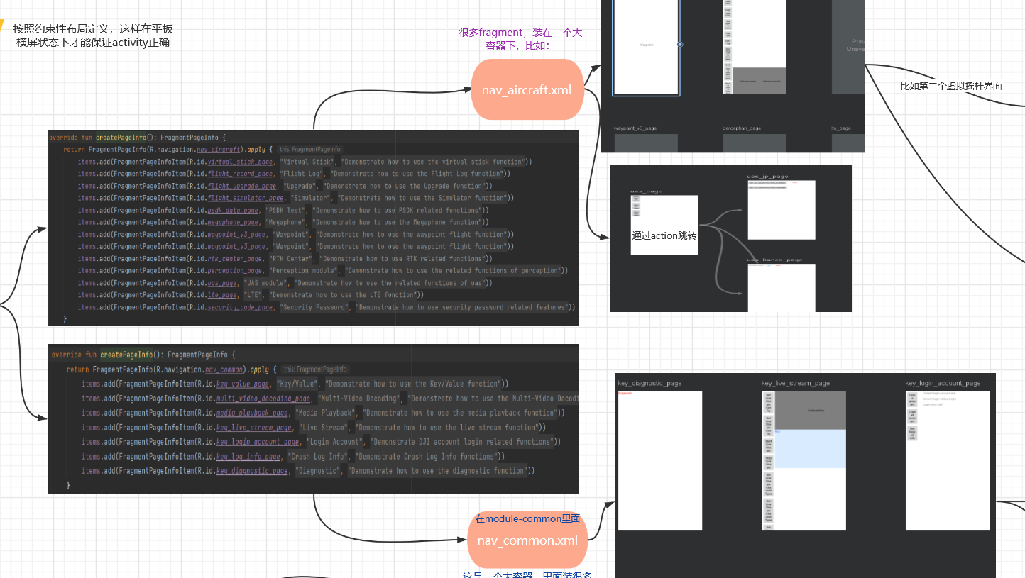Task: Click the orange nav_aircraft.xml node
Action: [x=527, y=90]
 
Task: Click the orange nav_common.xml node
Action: [x=527, y=540]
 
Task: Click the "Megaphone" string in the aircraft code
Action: [x=283, y=222]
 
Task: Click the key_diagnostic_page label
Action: [x=649, y=384]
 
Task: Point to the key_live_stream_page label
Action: [x=796, y=384]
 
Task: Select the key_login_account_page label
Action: [x=943, y=384]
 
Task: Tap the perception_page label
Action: [x=742, y=128]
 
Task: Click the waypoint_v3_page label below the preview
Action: [x=635, y=128]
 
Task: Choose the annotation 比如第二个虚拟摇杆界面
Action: [x=951, y=86]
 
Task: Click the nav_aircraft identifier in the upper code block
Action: [x=219, y=150]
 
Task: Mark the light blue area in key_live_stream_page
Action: [x=810, y=449]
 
